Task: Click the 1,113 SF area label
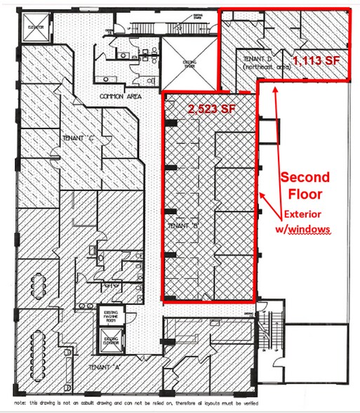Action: pos(316,61)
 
